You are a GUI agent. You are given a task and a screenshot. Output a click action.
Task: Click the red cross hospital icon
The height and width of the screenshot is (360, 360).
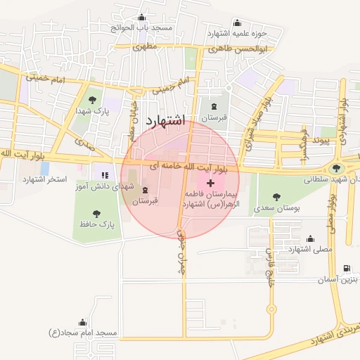tap(211, 183)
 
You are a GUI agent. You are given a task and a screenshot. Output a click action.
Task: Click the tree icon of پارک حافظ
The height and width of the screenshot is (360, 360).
tap(96, 213)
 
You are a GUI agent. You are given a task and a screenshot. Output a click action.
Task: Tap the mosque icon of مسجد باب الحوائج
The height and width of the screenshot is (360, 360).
tap(143, 18)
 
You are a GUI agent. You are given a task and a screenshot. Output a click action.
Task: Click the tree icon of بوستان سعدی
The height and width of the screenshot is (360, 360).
tap(276, 197)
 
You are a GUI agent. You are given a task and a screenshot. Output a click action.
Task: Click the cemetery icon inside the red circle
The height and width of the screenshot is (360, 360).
tap(146, 191)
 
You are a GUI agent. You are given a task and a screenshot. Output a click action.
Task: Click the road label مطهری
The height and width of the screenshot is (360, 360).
tap(145, 47)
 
